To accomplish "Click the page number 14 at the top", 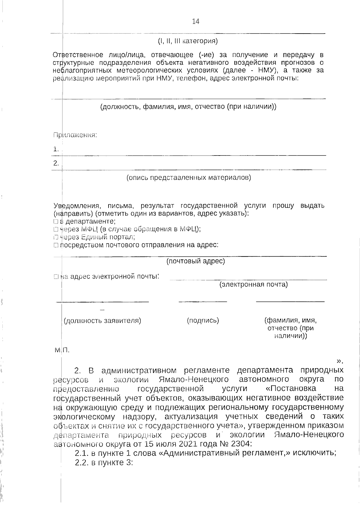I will coord(196,21).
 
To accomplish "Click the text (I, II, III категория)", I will coord(188,41).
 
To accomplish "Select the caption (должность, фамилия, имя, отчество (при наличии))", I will coord(188,107).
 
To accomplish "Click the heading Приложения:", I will coord(75,135).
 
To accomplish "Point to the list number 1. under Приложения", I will coord(56,149).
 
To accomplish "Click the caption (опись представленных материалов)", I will coord(189,178).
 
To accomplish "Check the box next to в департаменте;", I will coord(56,221).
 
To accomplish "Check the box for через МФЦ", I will coord(56,229).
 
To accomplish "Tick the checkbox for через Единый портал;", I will coord(56,237).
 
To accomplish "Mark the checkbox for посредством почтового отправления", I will coord(56,245).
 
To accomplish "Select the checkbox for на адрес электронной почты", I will coord(56,277).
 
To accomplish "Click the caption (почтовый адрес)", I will coord(196,261).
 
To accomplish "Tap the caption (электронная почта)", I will coord(253,284).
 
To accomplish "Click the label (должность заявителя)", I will coord(102,321).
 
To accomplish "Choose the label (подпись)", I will coord(203,321).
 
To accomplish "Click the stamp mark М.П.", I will coord(62,350).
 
